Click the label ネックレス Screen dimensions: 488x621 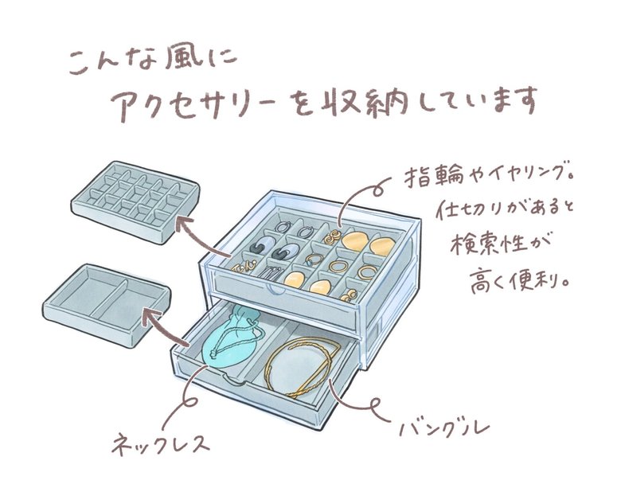[163, 439]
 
